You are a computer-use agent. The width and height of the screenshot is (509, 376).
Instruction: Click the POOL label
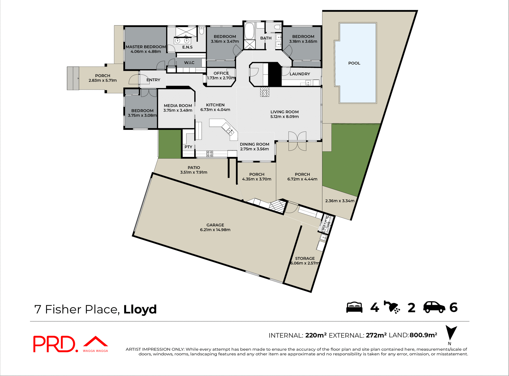354,63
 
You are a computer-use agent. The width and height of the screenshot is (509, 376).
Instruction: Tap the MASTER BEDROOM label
146,47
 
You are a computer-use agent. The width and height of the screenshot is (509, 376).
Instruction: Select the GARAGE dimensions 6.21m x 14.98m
215,230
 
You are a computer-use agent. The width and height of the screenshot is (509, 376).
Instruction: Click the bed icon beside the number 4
354,307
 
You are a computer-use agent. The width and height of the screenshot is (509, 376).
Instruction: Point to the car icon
434,307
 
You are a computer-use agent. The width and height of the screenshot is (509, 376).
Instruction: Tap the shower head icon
392,307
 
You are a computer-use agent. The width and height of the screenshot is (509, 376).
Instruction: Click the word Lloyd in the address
140,309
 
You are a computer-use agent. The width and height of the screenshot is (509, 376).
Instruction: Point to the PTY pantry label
188,147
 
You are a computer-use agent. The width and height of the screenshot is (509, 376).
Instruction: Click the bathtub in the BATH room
249,31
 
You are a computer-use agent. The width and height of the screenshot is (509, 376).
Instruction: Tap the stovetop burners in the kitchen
210,154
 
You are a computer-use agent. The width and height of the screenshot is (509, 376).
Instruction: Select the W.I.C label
189,63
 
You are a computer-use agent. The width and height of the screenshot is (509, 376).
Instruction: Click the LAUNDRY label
300,74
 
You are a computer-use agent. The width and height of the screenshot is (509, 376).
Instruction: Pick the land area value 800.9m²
423,335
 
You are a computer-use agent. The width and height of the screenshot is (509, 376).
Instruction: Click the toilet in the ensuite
201,31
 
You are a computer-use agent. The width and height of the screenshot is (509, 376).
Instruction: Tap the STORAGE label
305,258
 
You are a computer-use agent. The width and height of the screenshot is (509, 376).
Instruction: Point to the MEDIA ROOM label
178,106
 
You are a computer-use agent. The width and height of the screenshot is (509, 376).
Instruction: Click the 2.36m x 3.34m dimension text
340,201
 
